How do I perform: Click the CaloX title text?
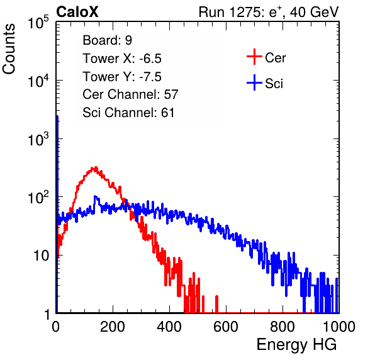coord(77,12)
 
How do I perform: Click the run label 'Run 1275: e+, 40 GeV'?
coord(269,12)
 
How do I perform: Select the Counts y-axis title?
coord(9,49)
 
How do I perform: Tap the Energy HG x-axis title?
coord(296,345)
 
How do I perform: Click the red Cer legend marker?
coord(254,57)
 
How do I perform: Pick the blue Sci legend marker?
coord(254,82)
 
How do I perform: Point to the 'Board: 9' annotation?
coord(107,40)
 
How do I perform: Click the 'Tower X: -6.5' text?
coord(122,58)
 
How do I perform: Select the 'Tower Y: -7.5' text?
coord(122,76)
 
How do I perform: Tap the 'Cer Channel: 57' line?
coord(130,94)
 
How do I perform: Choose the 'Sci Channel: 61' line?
coord(128,113)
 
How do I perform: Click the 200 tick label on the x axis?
coord(113,327)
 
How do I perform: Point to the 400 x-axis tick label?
coord(169,327)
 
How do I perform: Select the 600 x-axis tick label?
coord(226,327)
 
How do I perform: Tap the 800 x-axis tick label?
coord(283,327)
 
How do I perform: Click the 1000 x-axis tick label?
coord(339,327)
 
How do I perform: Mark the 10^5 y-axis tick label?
coord(38,22)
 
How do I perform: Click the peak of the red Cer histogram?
coord(96,167)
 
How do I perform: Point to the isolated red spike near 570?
coord(216,304)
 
